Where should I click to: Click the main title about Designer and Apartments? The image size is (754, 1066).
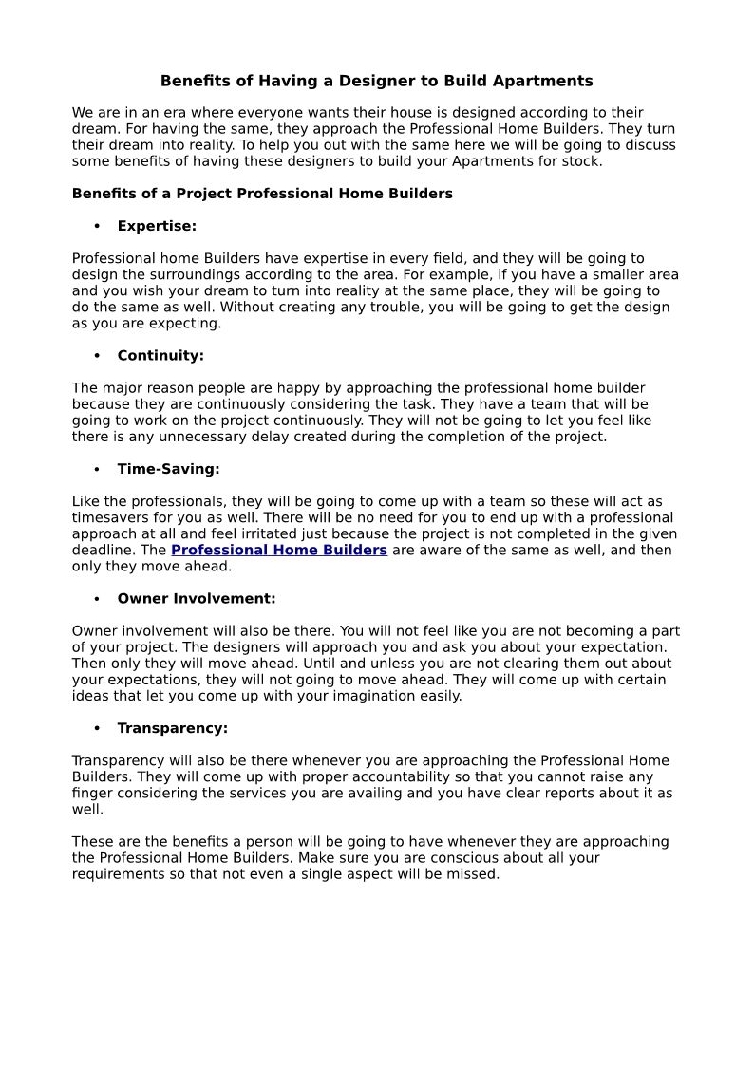coord(376,81)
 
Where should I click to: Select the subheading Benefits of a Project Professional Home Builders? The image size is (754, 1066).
coord(262,194)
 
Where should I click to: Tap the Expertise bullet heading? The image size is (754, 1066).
coord(157,226)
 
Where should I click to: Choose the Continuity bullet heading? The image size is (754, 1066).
coord(160,356)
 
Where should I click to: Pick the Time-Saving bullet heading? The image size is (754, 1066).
coord(168,469)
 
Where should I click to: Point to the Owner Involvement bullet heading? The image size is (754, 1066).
coord(197,599)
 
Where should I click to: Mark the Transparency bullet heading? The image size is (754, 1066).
coord(172,728)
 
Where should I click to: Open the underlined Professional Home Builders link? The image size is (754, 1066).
coord(279,551)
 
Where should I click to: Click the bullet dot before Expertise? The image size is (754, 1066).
coord(97,226)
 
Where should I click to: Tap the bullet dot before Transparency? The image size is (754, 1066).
coord(97,728)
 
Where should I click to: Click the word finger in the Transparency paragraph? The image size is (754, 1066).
coord(93,794)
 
